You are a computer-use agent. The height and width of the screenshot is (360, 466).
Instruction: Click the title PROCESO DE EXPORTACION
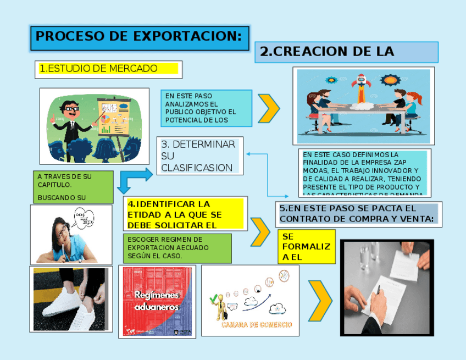[x=139, y=37]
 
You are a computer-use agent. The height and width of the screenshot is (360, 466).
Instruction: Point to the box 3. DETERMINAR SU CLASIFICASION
[x=199, y=156]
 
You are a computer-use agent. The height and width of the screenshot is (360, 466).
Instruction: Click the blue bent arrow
[x=135, y=179]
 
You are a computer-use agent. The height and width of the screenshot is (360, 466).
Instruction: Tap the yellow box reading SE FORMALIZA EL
[x=306, y=247]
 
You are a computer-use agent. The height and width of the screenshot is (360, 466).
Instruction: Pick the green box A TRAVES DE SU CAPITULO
[x=73, y=187]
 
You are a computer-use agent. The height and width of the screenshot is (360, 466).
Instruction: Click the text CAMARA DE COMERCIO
[x=257, y=324]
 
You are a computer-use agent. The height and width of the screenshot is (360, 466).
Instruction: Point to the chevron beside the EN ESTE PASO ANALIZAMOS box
[x=268, y=108]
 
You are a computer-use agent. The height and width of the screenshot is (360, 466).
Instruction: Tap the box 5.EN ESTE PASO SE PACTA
[x=358, y=214]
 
